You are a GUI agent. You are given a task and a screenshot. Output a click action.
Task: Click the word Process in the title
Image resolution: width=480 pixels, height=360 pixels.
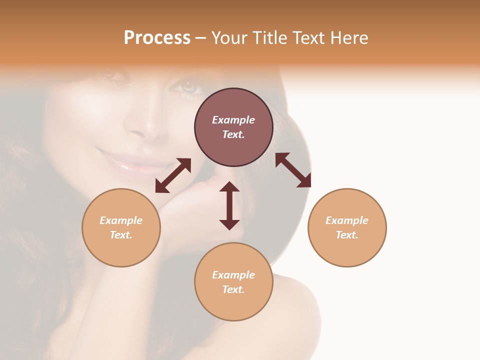click(157, 38)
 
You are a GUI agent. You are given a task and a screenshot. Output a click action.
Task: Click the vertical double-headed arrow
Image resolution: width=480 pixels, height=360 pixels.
click(229, 205)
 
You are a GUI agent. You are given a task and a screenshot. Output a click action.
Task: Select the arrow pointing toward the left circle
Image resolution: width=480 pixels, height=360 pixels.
click(173, 175)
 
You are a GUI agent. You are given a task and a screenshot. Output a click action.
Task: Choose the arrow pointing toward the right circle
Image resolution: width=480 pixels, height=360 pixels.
click(293, 170)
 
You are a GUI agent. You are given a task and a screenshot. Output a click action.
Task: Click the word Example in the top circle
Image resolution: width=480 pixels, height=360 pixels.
click(233, 120)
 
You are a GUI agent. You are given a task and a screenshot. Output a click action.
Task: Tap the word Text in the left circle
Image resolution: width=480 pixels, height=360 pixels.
click(121, 235)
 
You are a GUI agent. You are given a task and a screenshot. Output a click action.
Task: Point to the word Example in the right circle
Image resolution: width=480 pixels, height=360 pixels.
click(347, 220)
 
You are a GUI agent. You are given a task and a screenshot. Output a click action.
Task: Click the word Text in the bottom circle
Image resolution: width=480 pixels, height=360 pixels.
click(233, 289)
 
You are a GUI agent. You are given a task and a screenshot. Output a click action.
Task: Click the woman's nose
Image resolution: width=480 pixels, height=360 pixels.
click(145, 127)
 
